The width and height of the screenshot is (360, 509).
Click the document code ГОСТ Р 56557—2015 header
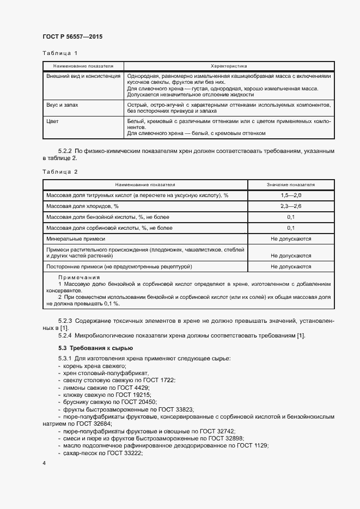coord(72,36)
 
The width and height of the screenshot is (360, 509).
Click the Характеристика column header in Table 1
coord(229,66)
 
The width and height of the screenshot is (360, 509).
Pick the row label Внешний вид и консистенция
coord(83,76)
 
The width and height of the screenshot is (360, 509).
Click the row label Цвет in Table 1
coord(53,121)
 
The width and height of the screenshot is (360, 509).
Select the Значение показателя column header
coord(291,185)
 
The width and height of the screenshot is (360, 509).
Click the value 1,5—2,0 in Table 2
coord(291,195)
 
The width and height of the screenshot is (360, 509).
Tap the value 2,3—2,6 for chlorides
coord(291,206)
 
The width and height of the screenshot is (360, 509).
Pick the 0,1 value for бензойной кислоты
coord(291,217)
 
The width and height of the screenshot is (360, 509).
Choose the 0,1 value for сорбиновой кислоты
coord(291,228)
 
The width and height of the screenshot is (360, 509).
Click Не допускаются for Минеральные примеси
coord(291,239)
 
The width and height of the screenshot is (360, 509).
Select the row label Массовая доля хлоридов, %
coord(82,206)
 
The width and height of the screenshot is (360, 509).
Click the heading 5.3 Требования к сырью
coord(95,347)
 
